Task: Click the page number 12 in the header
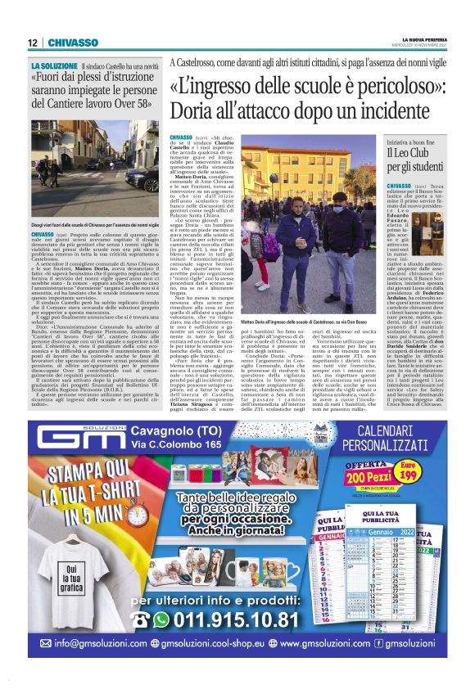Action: pyautogui.click(x=32, y=43)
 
